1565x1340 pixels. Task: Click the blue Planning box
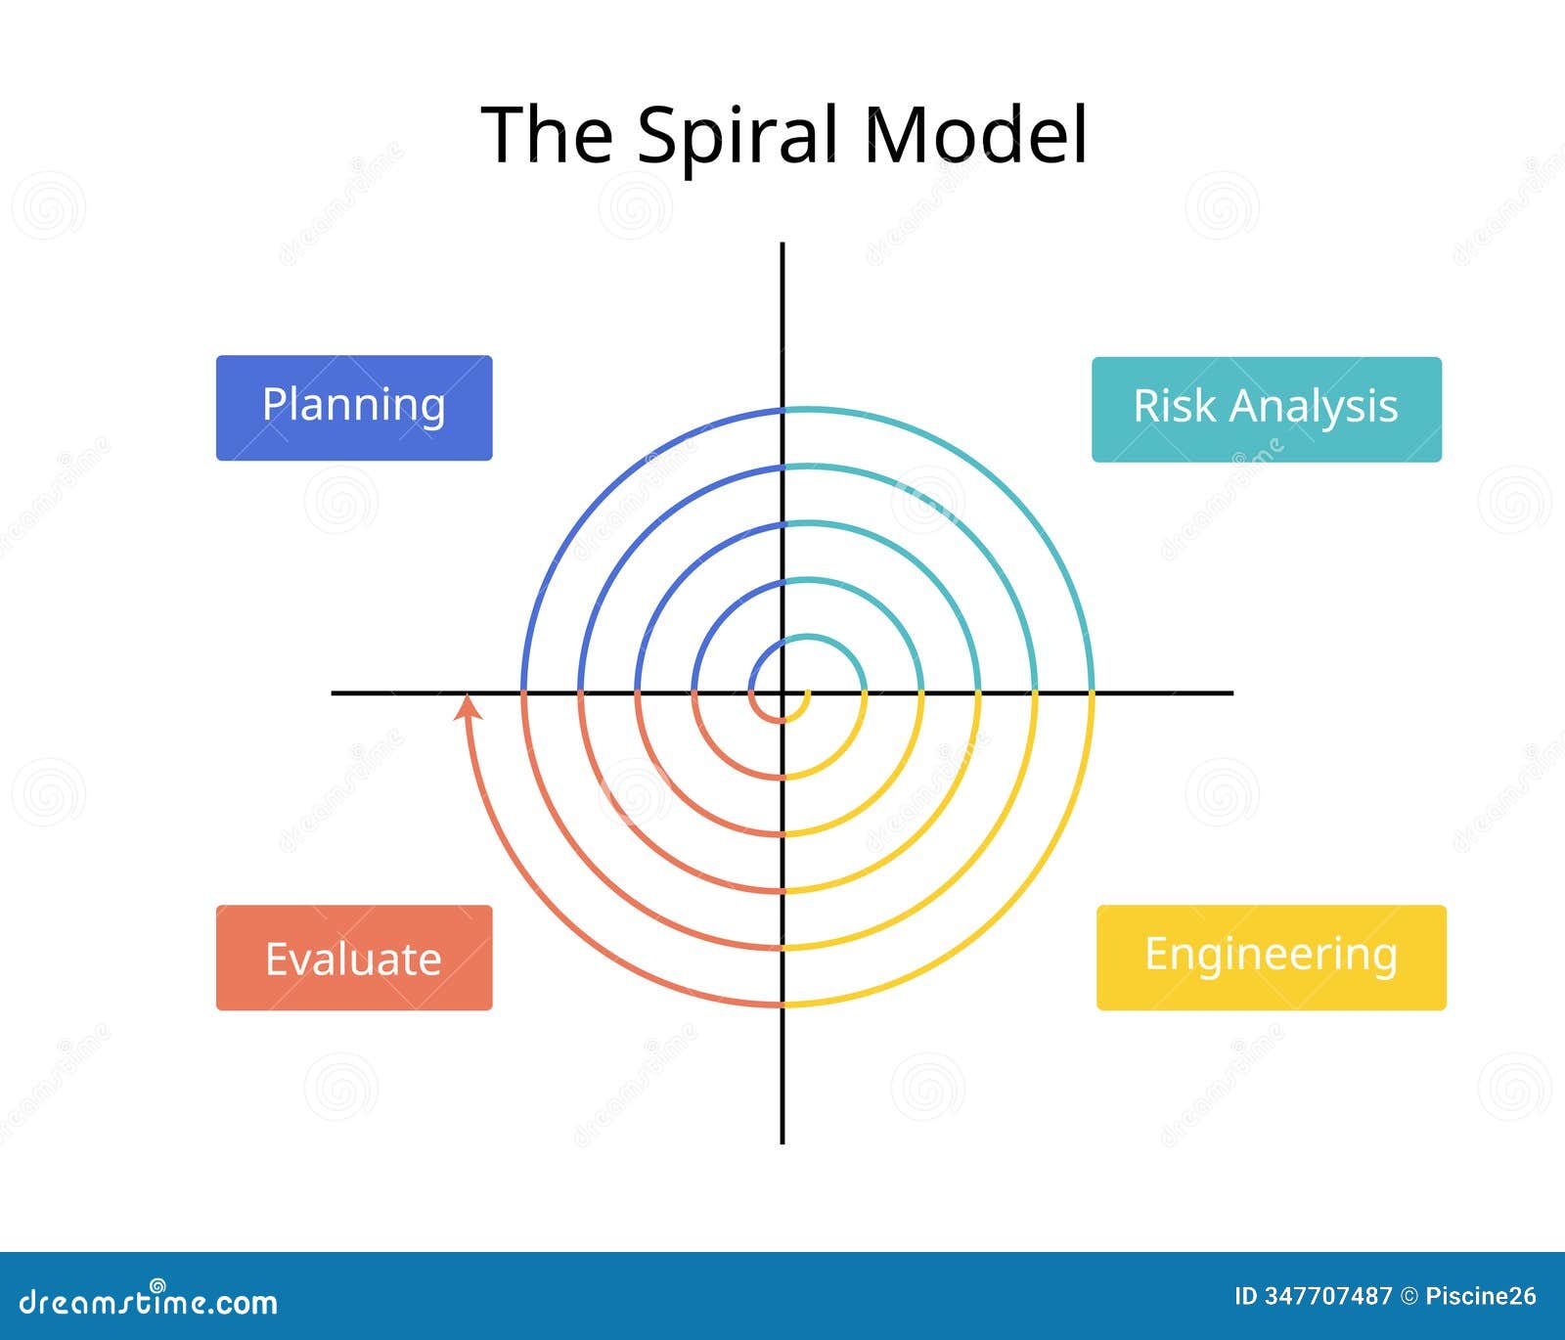353,407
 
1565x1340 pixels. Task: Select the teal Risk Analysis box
1266,409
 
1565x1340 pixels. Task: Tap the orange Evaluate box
353,958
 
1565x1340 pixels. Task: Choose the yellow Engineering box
1271,958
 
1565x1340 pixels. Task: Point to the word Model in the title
975,134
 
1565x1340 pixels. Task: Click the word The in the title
547,134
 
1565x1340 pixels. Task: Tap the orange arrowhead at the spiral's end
469,705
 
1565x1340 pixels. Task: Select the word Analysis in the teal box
1314,407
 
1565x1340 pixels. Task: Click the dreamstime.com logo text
149,1302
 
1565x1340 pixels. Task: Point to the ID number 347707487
1327,1297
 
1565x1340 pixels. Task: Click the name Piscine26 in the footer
1481,1297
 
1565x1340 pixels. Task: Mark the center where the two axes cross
782,692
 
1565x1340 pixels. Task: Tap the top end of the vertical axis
782,245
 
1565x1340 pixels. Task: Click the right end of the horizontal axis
1231,692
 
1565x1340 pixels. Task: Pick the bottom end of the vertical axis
782,1141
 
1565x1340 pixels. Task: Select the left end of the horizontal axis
334,692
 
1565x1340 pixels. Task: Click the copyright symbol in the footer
1408,1297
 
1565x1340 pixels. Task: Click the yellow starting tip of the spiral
807,693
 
